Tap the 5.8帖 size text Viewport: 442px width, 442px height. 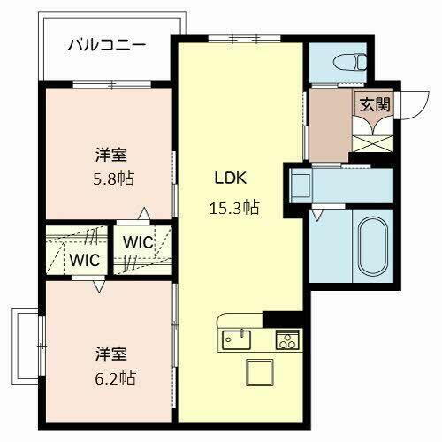(115, 177)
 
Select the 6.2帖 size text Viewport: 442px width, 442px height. (115, 377)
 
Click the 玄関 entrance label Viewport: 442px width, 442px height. (373, 103)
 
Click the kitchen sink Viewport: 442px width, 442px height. (237, 338)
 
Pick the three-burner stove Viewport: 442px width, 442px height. (286, 339)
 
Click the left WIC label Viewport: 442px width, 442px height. (86, 261)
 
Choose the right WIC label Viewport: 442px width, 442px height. (137, 241)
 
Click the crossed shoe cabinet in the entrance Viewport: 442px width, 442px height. (370, 137)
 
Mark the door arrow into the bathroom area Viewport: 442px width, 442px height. (316, 214)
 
